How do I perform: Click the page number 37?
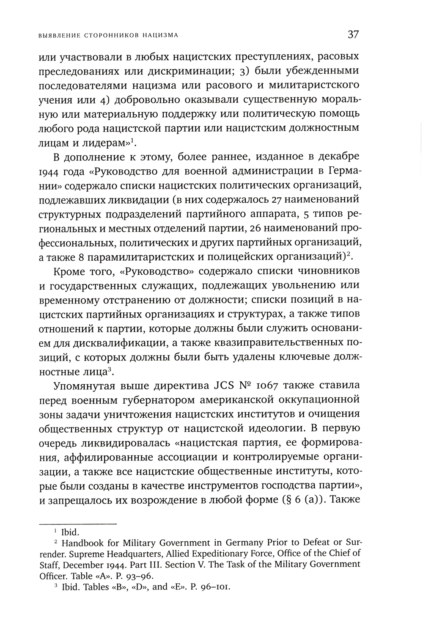(x=353, y=34)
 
